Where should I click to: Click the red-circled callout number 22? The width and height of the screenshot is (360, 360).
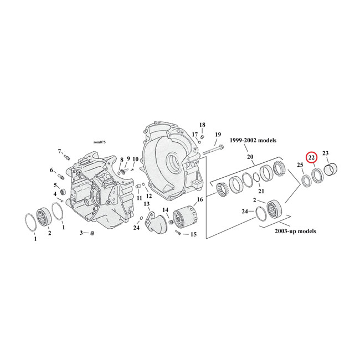[312, 158]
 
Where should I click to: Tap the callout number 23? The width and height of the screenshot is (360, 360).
[326, 153]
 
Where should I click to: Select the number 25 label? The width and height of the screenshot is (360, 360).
[300, 165]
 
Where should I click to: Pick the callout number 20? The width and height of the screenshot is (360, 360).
[250, 157]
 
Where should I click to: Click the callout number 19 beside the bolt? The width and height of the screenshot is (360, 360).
[218, 135]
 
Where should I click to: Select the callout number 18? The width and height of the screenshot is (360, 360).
[202, 125]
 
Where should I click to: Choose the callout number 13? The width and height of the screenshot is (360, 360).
[147, 204]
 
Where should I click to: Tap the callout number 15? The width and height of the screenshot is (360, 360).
[193, 235]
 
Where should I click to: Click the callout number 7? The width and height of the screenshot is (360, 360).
[60, 151]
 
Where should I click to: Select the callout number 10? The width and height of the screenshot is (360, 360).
[135, 160]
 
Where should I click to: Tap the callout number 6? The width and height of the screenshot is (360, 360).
[53, 170]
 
